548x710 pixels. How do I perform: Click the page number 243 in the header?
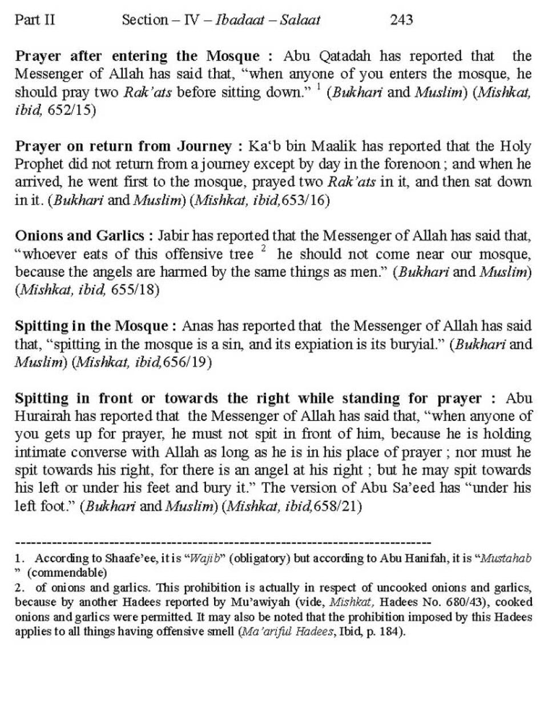click(x=401, y=20)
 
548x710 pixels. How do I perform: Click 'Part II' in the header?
click(x=35, y=20)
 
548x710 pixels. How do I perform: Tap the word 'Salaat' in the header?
click(x=300, y=20)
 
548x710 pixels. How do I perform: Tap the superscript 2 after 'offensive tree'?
click(x=263, y=249)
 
